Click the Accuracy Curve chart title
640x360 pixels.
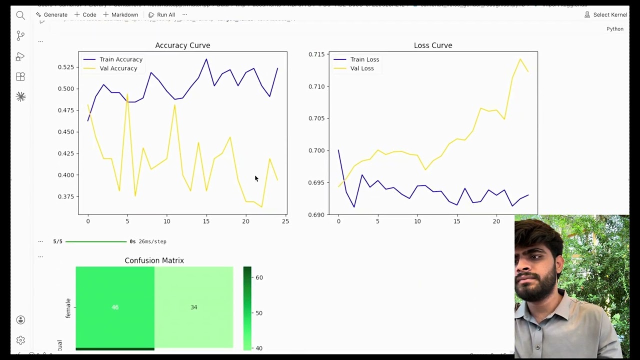182,45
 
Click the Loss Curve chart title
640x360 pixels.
433,45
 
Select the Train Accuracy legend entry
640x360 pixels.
120,59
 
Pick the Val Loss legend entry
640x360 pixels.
361,68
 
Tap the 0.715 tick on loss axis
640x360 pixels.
316,54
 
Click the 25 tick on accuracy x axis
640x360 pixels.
285,221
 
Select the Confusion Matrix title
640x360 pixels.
154,260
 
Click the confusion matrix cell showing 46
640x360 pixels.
115,307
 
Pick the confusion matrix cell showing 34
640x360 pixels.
193,307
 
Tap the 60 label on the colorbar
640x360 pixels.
259,277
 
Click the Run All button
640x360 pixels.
162,15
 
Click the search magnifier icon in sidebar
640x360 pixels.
20,15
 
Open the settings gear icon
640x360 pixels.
20,340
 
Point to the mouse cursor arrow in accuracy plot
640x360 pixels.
256,178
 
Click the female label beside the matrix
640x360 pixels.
68,308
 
